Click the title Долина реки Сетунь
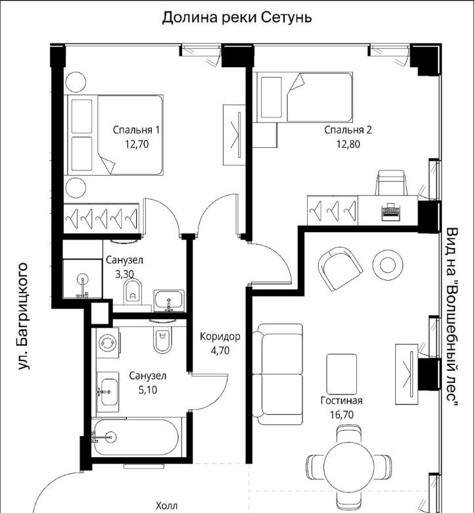pyautogui.click(x=237, y=18)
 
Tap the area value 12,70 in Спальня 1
pyautogui.click(x=137, y=144)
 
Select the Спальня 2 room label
pyautogui.click(x=348, y=130)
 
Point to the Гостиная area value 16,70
pyautogui.click(x=342, y=415)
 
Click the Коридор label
pyautogui.click(x=220, y=336)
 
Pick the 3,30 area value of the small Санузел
pyautogui.click(x=125, y=274)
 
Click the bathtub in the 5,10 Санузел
pyautogui.click(x=135, y=438)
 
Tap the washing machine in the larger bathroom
pyautogui.click(x=108, y=343)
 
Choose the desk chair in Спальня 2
pyautogui.click(x=391, y=183)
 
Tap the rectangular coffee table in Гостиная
pyautogui.click(x=341, y=374)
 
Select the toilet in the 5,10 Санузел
pyautogui.click(x=162, y=339)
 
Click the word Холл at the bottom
pyautogui.click(x=166, y=506)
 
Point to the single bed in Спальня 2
pyautogui.click(x=305, y=97)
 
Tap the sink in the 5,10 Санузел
pyautogui.click(x=108, y=392)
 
